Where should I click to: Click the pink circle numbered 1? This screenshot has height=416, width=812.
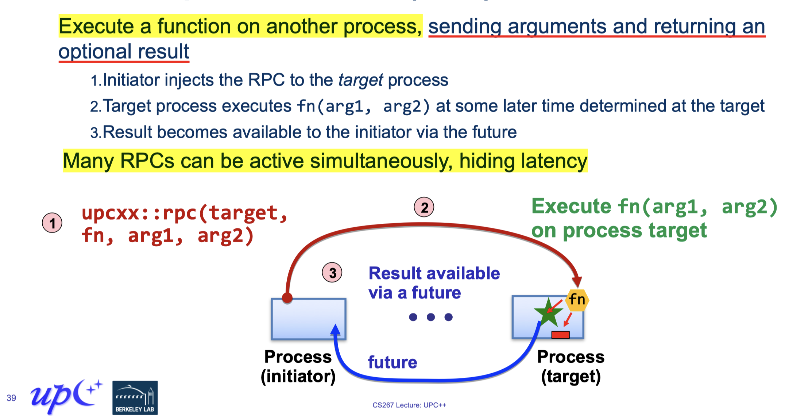52,223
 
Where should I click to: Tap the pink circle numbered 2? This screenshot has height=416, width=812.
424,207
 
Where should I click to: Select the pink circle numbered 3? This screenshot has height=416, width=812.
332,273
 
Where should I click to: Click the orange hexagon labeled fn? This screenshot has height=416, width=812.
577,300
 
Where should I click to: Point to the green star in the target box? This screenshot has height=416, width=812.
548,312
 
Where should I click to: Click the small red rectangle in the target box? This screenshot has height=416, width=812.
560,335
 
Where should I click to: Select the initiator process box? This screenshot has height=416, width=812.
308,319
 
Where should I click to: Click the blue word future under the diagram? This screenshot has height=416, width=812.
393,362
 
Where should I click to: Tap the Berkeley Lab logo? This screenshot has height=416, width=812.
135,398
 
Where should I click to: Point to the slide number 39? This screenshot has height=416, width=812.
11,398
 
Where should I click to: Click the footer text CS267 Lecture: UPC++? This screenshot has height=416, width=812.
409,405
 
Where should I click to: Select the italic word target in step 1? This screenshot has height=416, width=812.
360,80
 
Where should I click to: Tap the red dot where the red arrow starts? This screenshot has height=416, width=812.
287,297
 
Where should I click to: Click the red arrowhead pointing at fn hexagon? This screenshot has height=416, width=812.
577,282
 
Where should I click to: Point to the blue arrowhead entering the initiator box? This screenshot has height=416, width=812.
336,330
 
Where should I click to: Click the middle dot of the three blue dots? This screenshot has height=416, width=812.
431,317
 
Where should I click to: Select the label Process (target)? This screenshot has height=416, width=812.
571,366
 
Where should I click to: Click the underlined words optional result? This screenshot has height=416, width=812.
124,51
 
